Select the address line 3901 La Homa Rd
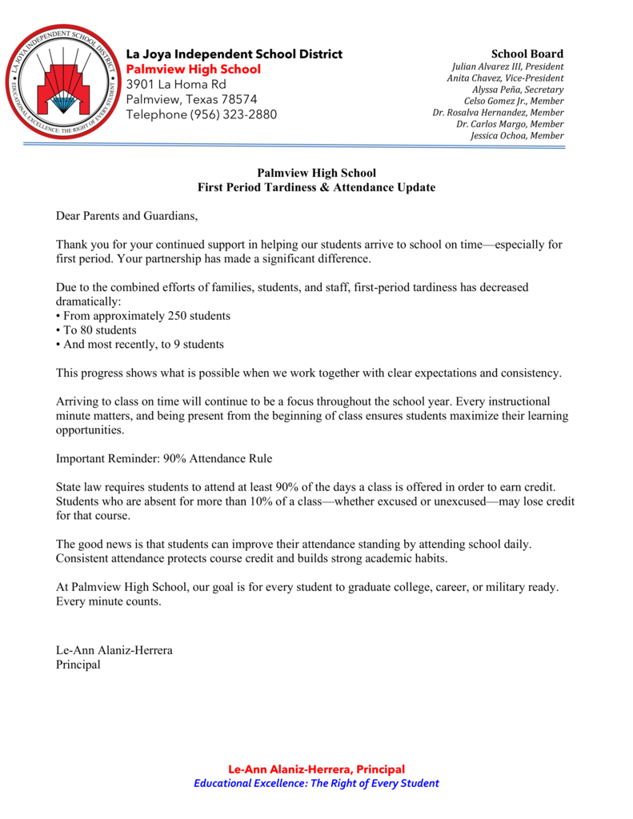click(x=176, y=84)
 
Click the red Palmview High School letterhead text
click(x=194, y=69)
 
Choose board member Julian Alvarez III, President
click(x=507, y=66)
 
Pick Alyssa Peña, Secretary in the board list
click(x=518, y=90)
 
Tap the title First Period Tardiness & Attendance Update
click(x=316, y=187)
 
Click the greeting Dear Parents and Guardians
click(x=126, y=216)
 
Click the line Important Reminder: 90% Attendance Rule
click(x=164, y=459)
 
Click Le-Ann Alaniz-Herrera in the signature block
click(x=114, y=649)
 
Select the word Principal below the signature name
click(x=78, y=664)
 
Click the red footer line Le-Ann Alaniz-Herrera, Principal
click(x=316, y=769)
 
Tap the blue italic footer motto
click(x=316, y=783)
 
